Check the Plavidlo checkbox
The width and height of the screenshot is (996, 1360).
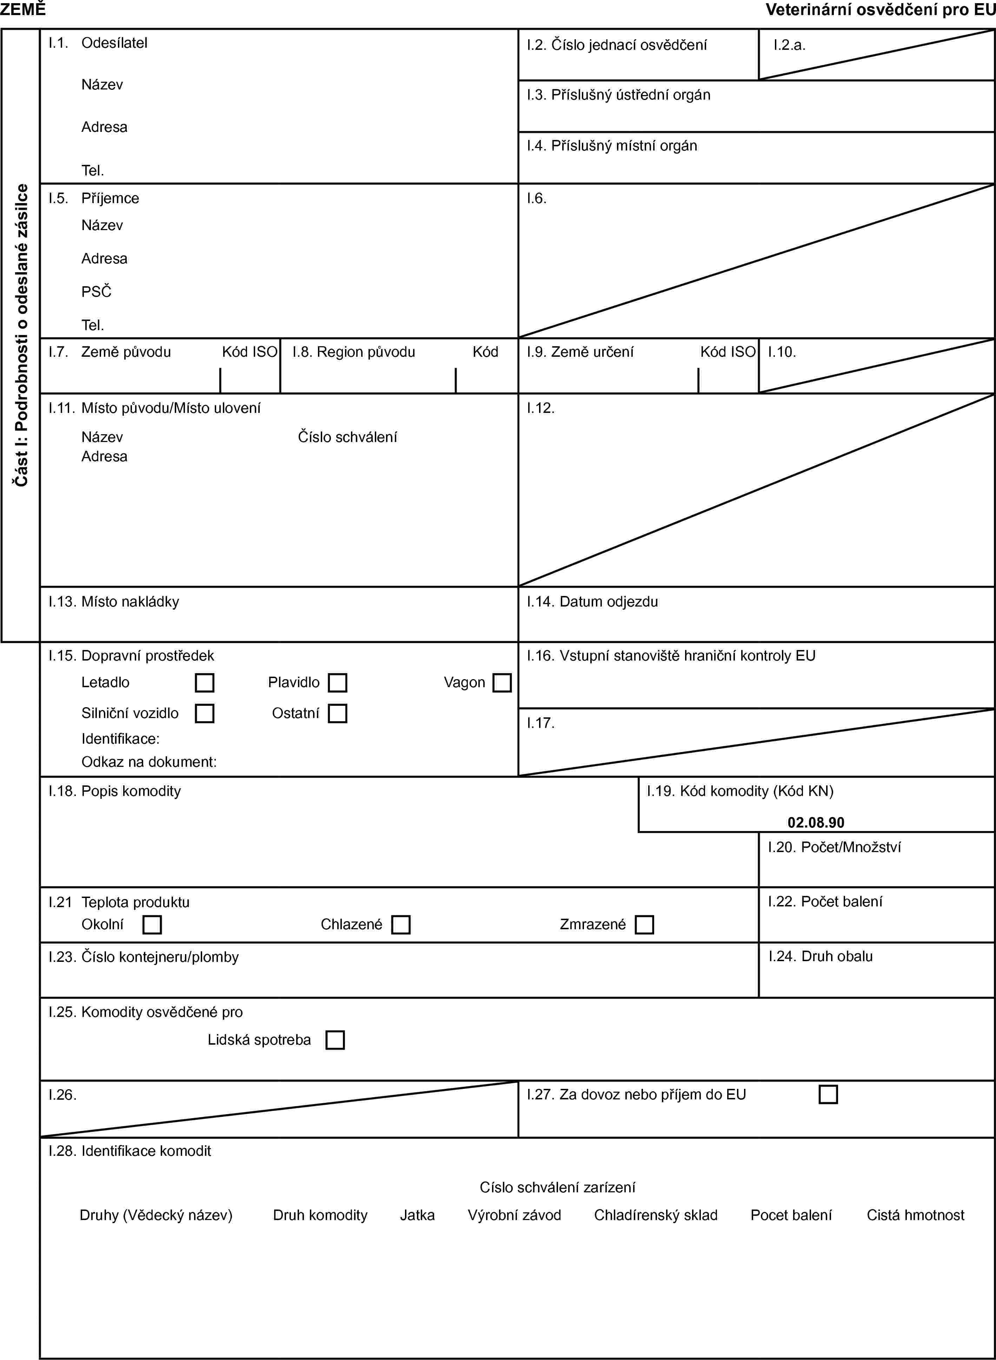pos(338,683)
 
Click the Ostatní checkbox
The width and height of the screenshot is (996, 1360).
pos(338,714)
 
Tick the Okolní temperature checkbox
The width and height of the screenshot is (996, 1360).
pos(152,924)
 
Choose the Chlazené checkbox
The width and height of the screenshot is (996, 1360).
pos(400,924)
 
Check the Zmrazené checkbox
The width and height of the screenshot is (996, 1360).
pos(644,924)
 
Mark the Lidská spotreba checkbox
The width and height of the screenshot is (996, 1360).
pos(335,1040)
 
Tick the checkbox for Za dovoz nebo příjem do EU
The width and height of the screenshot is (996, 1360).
pos(828,1094)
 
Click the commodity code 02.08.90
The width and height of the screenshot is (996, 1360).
pos(816,823)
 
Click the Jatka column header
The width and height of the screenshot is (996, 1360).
pos(417,1215)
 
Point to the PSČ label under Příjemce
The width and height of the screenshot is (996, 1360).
pos(97,292)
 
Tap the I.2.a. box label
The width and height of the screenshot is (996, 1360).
pos(790,45)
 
